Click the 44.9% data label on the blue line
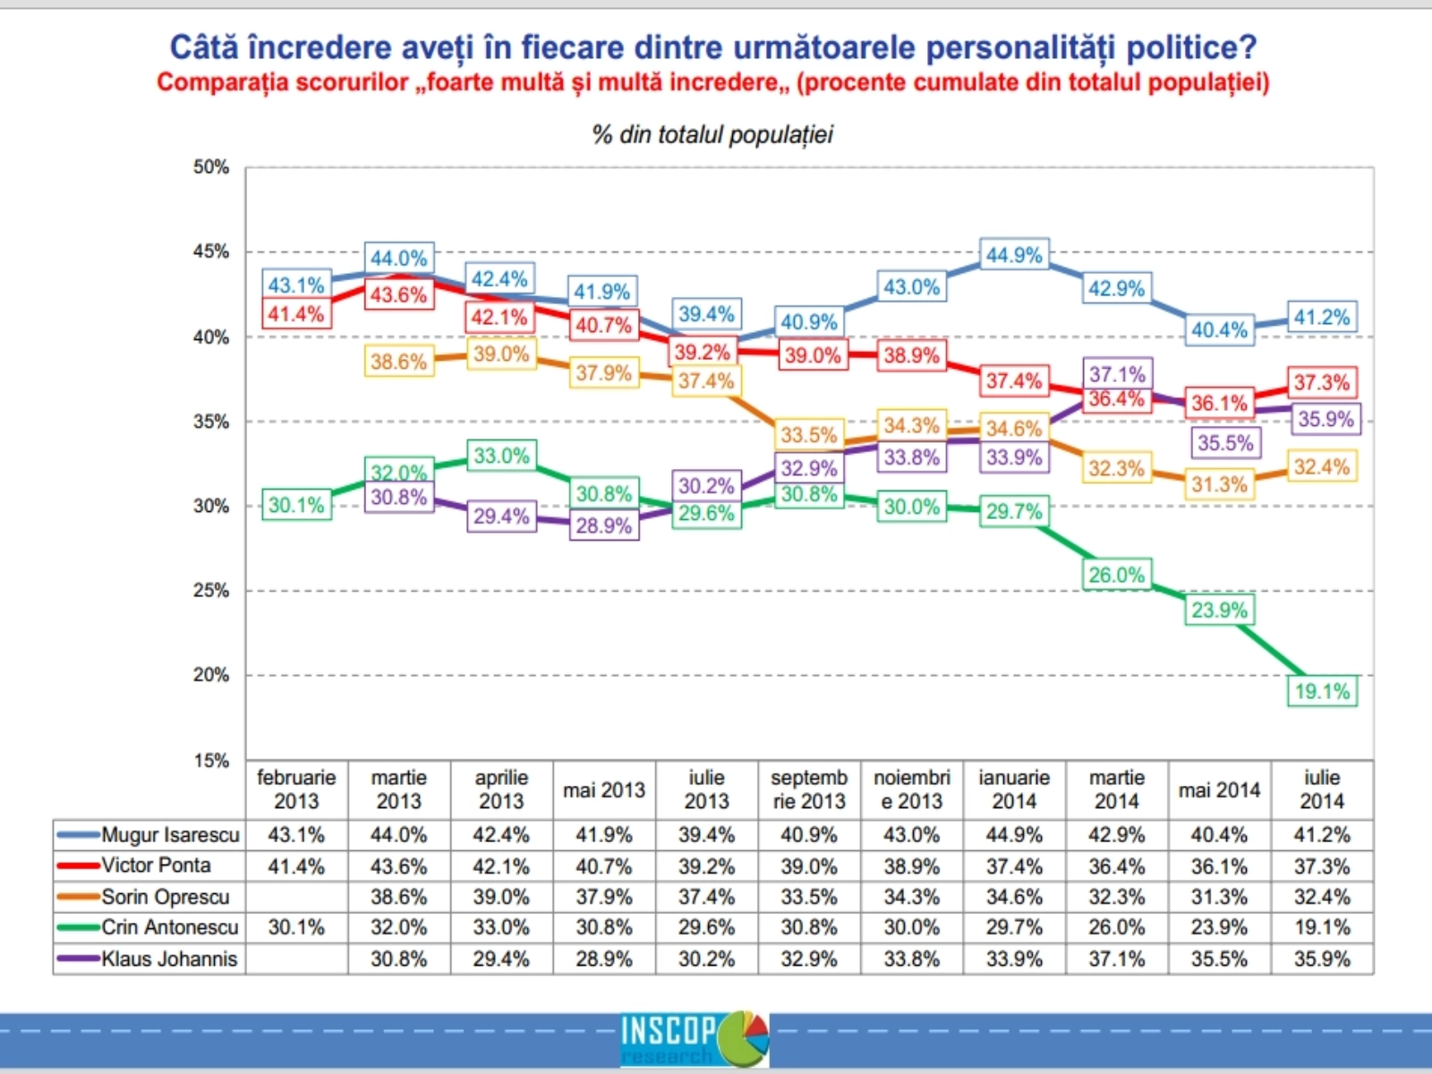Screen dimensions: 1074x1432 (1014, 256)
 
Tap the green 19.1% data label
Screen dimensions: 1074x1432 (1322, 691)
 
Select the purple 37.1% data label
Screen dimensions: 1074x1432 (1117, 374)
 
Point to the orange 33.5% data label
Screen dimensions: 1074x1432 (809, 435)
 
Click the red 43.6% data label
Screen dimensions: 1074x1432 (399, 294)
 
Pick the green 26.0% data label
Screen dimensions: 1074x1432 (1116, 575)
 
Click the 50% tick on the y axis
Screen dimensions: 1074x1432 (211, 167)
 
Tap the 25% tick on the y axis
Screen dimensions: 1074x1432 (211, 591)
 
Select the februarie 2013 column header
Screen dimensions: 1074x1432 (296, 789)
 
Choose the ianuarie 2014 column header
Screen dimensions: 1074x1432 (1014, 789)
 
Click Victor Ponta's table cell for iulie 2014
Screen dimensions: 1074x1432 (1322, 866)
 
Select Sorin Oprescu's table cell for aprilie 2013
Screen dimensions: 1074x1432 (501, 897)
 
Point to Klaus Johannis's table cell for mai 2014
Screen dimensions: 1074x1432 (1219, 959)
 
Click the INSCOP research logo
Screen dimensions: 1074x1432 (695, 1038)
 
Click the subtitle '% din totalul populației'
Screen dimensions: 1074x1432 (712, 135)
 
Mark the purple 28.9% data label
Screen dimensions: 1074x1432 (604, 525)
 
